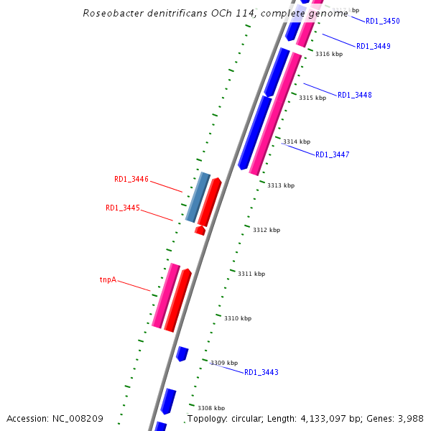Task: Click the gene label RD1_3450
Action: pyautogui.click(x=382, y=22)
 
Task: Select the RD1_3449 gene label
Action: pyautogui.click(x=374, y=47)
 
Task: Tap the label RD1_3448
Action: pyautogui.click(x=355, y=96)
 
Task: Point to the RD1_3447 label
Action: pyautogui.click(x=333, y=155)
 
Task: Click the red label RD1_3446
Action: pyautogui.click(x=131, y=180)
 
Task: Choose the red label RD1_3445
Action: pyautogui.click(x=123, y=208)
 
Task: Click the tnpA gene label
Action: pyautogui.click(x=108, y=280)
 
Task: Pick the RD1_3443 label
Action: pyautogui.click(x=261, y=373)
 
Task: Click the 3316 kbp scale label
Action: pyautogui.click(x=329, y=55)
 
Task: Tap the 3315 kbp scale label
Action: pyautogui.click(x=312, y=98)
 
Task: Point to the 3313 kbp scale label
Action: pyautogui.click(x=281, y=185)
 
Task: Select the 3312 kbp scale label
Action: pyautogui.click(x=267, y=230)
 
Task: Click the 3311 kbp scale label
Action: pyautogui.click(x=251, y=274)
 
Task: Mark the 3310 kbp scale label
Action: pyautogui.click(x=238, y=318)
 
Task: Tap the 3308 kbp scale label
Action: pyautogui.click(x=211, y=408)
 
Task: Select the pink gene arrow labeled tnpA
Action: pyautogui.click(x=166, y=296)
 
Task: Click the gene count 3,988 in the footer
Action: pyautogui.click(x=412, y=418)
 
